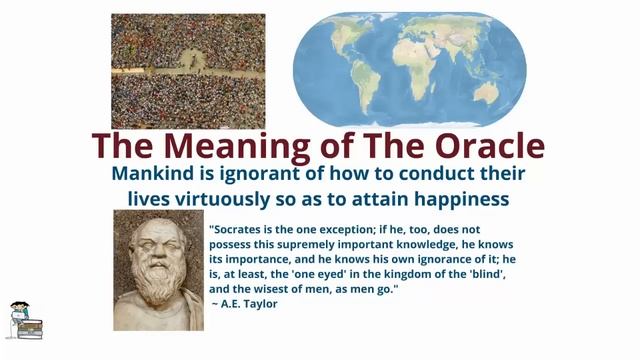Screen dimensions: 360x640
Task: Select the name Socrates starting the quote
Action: (238, 227)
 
